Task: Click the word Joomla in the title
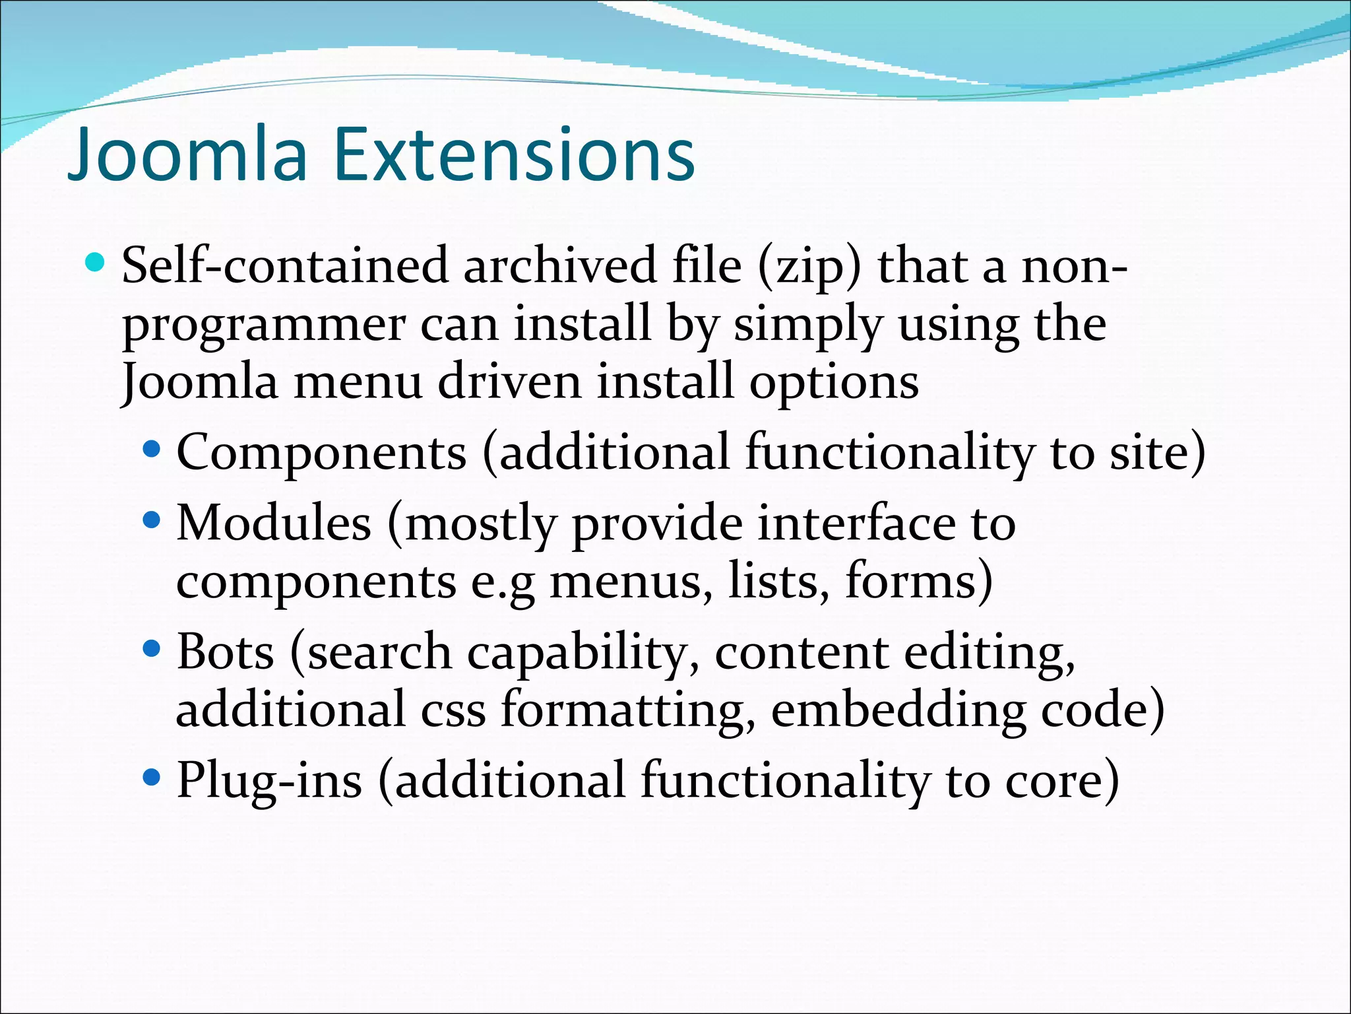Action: tap(188, 155)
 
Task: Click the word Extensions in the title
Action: tap(515, 155)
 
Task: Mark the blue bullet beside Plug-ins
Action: tap(152, 778)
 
